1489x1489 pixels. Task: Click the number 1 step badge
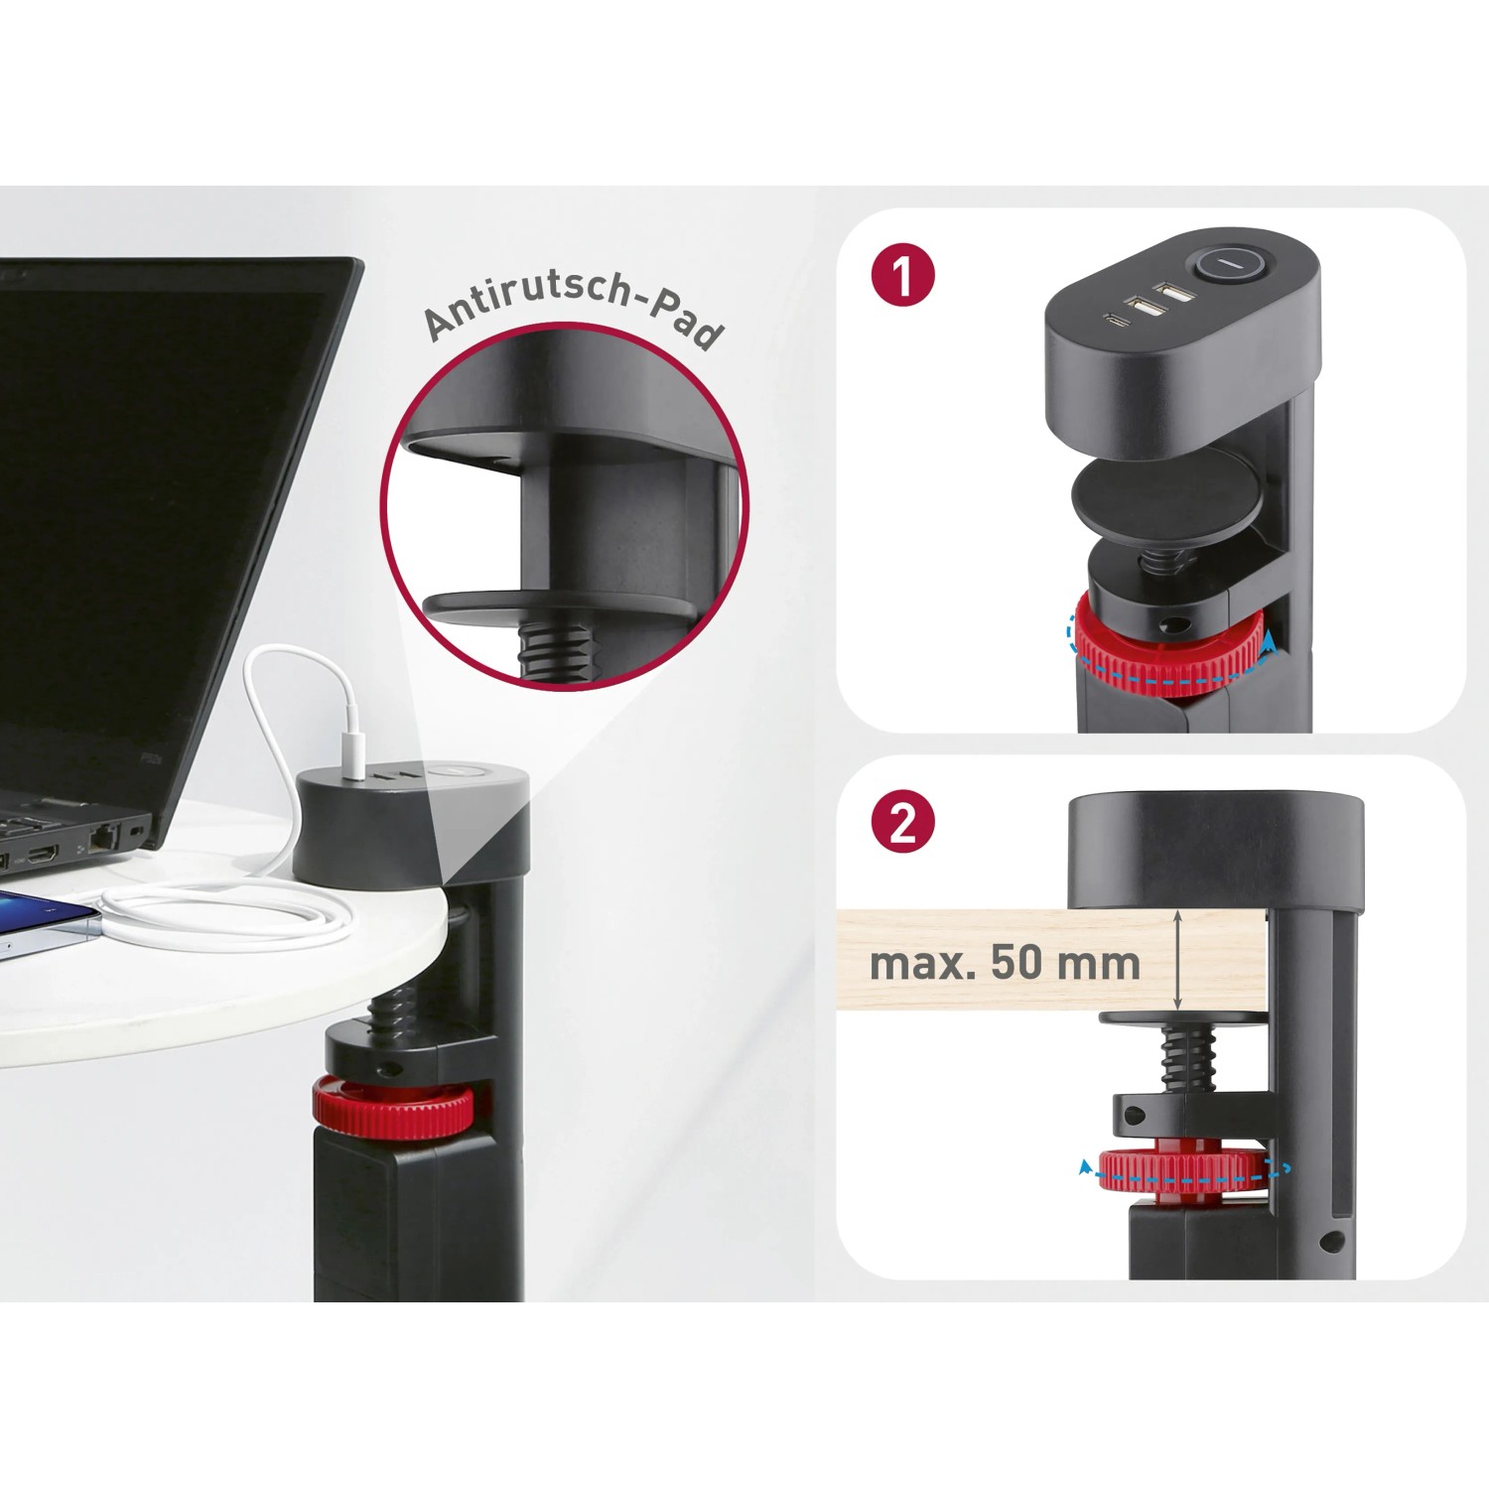[902, 276]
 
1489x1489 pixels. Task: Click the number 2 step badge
[902, 823]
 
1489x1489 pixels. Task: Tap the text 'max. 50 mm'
[1005, 963]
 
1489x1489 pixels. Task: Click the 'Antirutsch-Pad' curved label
[573, 309]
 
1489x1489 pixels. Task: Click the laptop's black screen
[149, 496]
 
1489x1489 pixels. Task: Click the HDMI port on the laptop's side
[43, 853]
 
